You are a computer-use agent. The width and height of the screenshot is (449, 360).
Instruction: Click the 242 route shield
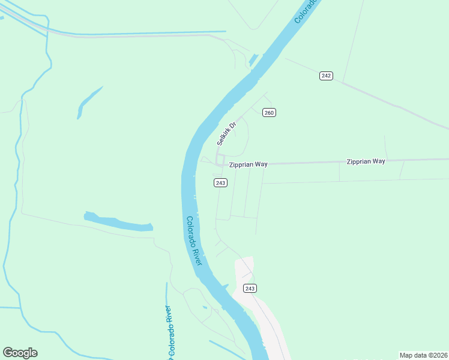(326, 76)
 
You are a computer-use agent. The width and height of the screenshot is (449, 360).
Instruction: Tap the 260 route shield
(269, 113)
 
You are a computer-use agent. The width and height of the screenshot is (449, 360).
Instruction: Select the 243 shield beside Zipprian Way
(220, 182)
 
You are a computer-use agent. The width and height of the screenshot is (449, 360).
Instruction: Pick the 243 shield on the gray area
(250, 289)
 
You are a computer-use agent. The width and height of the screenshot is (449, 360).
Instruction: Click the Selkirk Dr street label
(227, 134)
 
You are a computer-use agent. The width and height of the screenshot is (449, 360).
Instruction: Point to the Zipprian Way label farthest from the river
(366, 161)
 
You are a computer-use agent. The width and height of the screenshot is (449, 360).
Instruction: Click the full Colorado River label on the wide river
(194, 241)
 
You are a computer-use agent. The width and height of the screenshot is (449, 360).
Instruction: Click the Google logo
(20, 353)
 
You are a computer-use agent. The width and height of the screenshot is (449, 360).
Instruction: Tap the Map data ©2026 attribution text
(423, 355)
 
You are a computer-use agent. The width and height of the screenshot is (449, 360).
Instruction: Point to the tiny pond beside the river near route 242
(253, 60)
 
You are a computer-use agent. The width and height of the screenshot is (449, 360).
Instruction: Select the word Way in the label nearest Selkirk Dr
(260, 164)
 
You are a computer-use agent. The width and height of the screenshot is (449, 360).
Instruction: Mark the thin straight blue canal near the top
(138, 32)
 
